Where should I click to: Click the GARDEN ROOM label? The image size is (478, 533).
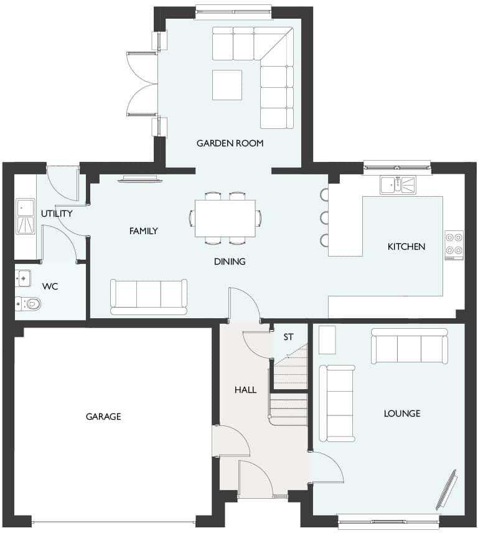pos(230,143)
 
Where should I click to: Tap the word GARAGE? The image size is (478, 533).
pos(103,417)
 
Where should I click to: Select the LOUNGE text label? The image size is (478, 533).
pos(401,413)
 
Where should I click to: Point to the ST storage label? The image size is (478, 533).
pos(288,337)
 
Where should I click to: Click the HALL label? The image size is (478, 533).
pos(245,390)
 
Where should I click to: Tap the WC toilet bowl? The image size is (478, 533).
pos(31,304)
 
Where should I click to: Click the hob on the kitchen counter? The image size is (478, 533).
pos(454,245)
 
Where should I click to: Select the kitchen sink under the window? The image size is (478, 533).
pos(397,184)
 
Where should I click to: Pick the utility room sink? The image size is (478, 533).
pos(26,215)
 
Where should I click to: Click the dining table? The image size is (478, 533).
pos(225,218)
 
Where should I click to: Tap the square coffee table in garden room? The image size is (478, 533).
pos(227,85)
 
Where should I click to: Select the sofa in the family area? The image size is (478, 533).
pos(149,296)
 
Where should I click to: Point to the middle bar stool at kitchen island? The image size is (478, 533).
pos(324,217)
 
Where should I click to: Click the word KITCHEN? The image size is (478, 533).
pos(406,247)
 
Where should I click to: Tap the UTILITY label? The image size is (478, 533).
pos(57,214)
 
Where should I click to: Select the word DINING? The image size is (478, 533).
pos(230,262)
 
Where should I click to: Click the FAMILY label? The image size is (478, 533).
pos(143,231)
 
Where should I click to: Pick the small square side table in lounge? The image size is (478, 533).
pos(327,339)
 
